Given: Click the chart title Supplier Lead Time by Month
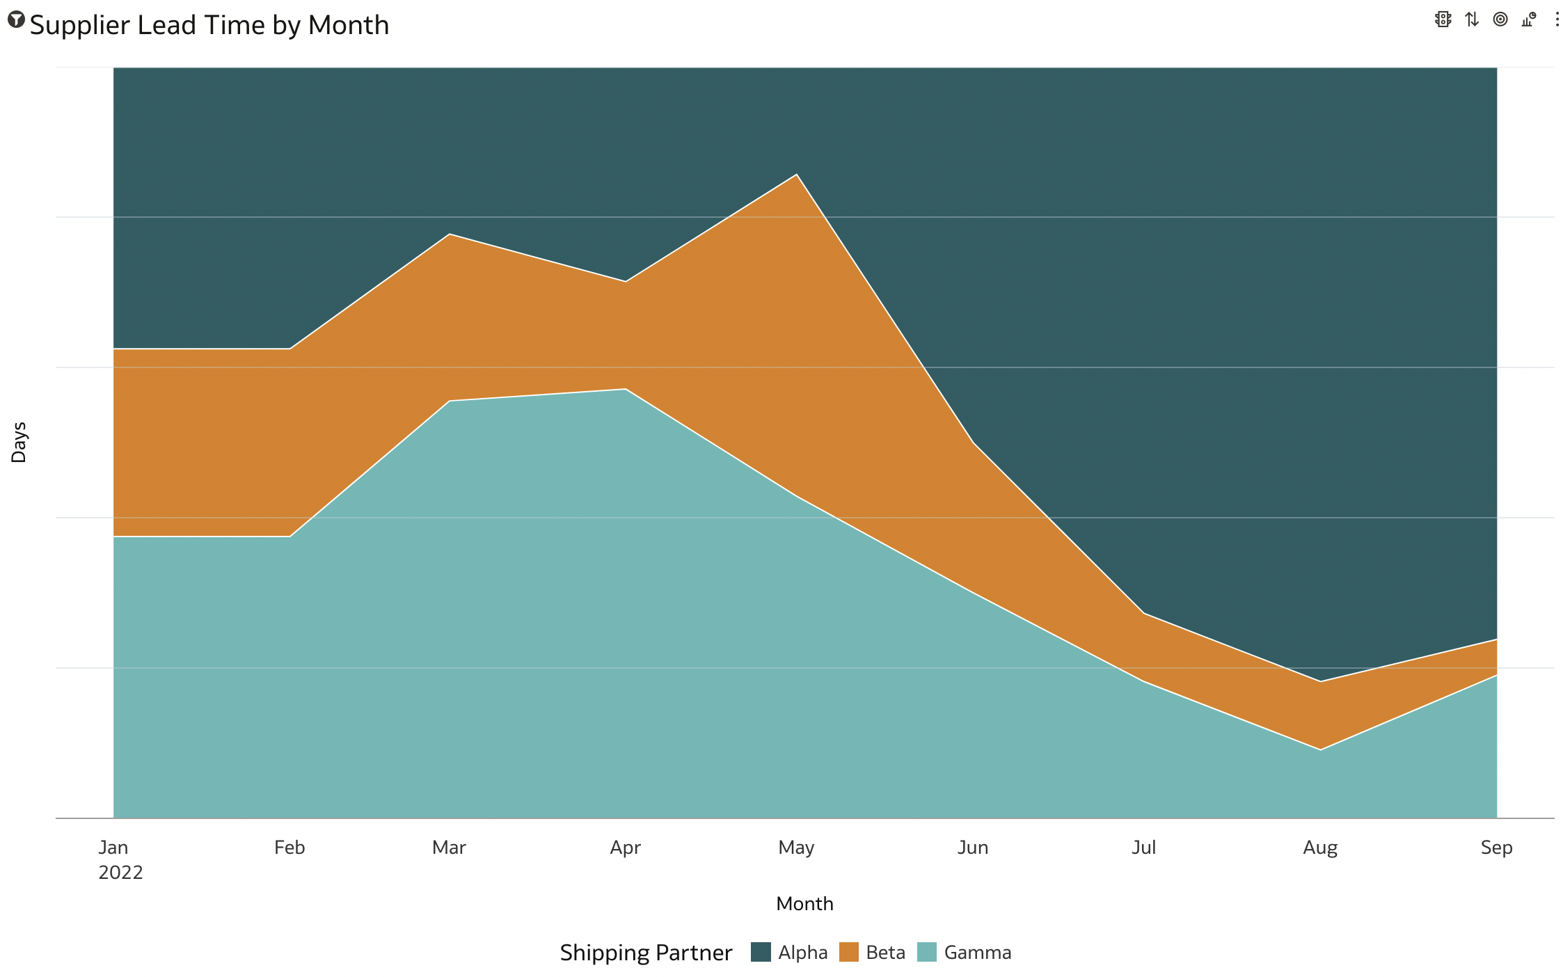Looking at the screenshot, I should (x=209, y=26).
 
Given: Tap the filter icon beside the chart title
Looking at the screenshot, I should (x=16, y=19).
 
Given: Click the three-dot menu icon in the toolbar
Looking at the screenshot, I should (x=1557, y=19).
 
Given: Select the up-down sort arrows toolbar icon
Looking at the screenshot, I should (x=1471, y=19).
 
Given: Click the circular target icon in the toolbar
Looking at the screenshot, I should (x=1500, y=19).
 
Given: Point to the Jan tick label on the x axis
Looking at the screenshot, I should (x=113, y=848).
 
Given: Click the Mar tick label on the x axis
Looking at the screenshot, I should (x=449, y=848).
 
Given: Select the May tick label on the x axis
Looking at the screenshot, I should (x=796, y=848).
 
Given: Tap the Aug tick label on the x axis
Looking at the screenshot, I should (x=1320, y=848).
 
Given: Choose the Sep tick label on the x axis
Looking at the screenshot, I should (x=1496, y=848).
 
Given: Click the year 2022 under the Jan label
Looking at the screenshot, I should (x=120, y=873).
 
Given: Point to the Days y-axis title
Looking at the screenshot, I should (x=19, y=443).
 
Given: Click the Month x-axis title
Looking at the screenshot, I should (x=804, y=904).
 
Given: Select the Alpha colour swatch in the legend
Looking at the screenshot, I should (x=761, y=952).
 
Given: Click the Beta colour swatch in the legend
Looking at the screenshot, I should (x=848, y=952).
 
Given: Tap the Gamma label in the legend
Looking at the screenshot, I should (x=977, y=953).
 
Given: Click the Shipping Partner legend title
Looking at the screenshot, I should (x=646, y=953).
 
